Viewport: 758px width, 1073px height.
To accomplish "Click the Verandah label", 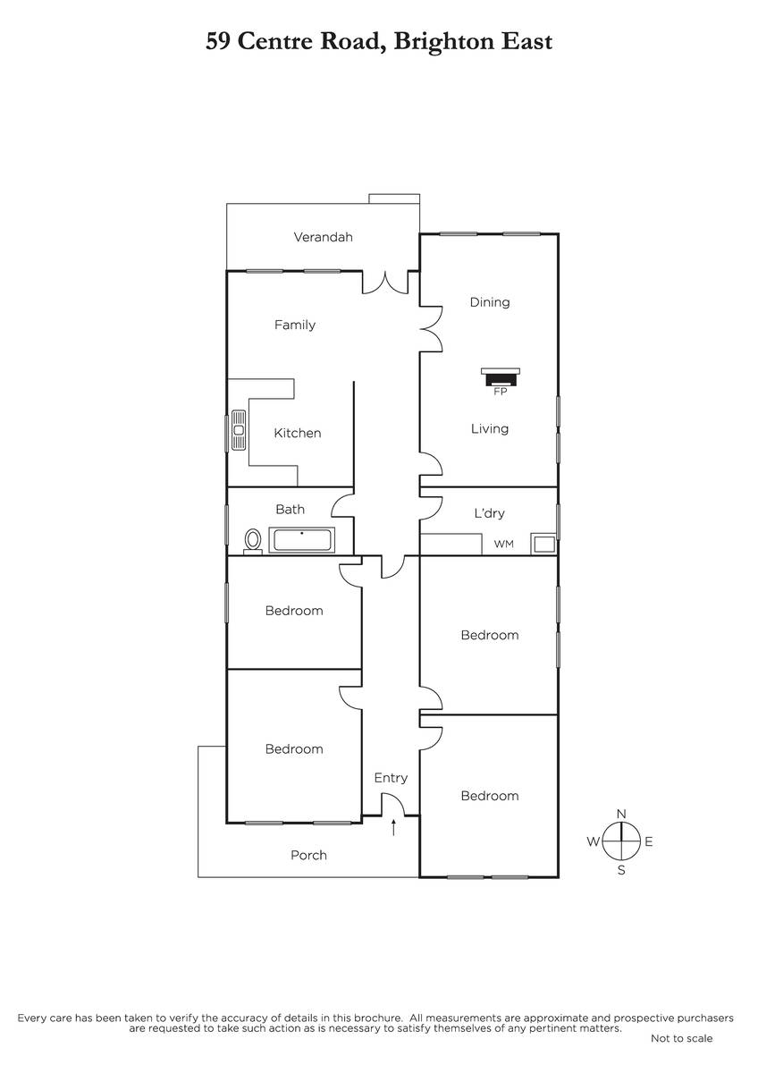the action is point(323,237).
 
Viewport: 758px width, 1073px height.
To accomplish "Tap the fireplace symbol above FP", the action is point(500,376).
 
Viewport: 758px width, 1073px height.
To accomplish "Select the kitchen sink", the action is point(239,430).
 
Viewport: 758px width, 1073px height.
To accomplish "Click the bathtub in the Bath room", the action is point(301,540).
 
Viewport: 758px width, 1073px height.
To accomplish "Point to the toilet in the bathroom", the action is point(253,541).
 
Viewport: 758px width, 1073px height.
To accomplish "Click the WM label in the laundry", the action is point(504,544).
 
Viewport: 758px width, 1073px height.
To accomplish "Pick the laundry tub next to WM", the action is point(544,545).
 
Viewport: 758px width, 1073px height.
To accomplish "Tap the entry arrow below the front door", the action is point(393,827).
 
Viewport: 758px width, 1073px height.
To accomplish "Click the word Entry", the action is point(391,777).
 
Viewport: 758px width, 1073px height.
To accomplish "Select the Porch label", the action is point(309,855).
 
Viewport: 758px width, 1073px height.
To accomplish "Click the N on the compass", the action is point(621,814).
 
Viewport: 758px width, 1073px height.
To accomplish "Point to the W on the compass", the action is point(594,841).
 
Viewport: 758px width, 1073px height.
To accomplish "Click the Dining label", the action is point(489,302).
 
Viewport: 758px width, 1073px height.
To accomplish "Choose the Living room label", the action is point(489,428).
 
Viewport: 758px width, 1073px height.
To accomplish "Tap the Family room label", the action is point(295,325).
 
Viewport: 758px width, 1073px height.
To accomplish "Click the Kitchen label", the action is point(298,433).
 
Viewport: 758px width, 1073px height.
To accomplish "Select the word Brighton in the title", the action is point(444,42).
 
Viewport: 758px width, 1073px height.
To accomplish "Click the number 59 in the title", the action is point(218,42).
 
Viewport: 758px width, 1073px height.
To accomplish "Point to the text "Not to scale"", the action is point(681,1038).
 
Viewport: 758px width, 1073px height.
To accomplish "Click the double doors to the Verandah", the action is point(385,283).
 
